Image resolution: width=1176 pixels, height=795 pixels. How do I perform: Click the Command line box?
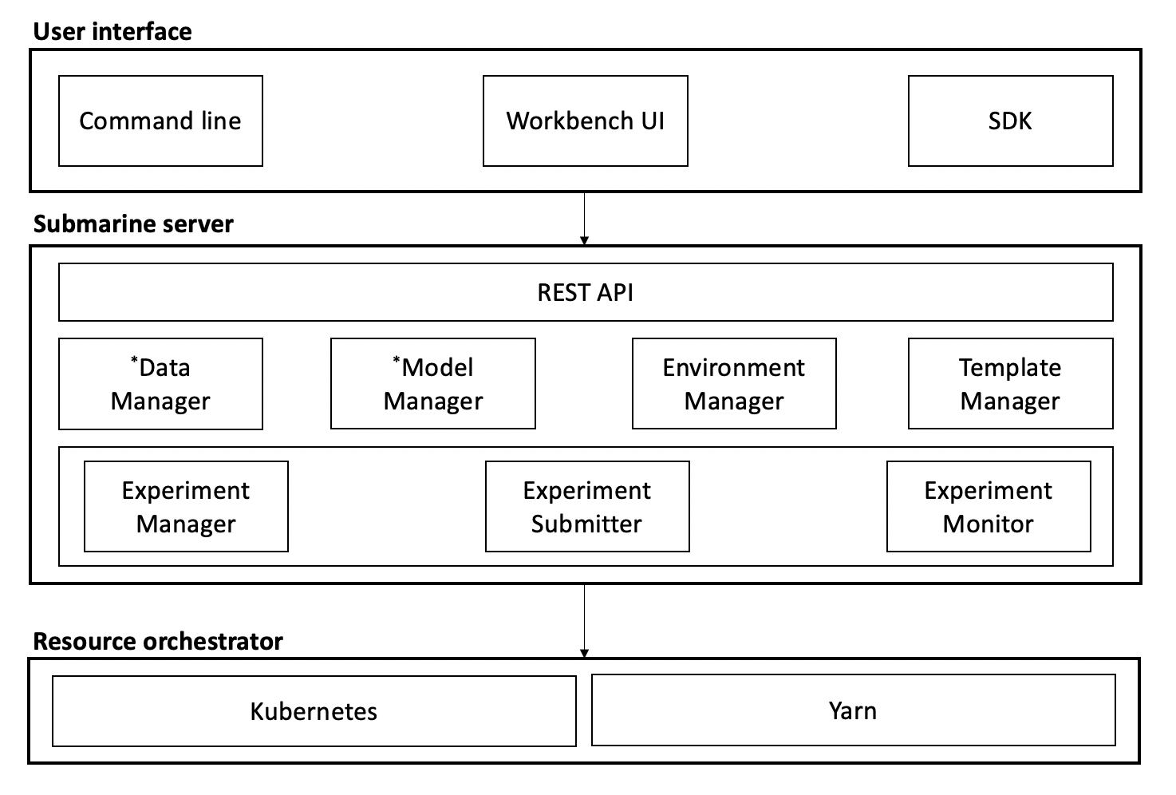[x=160, y=121]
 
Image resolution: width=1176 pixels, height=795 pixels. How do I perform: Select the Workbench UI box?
[x=585, y=121]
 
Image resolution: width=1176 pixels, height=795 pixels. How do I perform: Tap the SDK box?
[x=1010, y=121]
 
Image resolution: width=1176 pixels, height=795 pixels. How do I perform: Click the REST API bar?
[x=585, y=293]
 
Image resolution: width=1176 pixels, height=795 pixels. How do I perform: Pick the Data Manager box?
[x=160, y=384]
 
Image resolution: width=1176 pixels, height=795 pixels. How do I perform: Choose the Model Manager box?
[x=432, y=384]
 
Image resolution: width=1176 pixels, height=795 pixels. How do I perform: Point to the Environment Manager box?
[x=734, y=384]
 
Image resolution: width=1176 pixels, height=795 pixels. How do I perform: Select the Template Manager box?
[x=1010, y=384]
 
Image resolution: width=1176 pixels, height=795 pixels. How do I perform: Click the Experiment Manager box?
[x=186, y=507]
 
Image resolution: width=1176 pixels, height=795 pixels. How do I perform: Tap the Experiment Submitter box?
[x=587, y=507]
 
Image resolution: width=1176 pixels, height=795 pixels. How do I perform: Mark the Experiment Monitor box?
[x=989, y=507]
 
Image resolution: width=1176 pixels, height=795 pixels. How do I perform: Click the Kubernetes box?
[x=314, y=711]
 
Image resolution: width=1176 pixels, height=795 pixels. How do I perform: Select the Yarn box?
[x=853, y=710]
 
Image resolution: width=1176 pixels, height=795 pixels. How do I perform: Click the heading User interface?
[x=112, y=32]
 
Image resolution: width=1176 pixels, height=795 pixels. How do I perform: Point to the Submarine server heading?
[x=133, y=224]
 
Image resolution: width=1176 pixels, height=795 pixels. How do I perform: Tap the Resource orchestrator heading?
[x=158, y=642]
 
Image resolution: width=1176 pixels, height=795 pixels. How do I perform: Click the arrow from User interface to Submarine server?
[x=585, y=218]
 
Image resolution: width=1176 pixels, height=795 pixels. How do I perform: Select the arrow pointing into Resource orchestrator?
[x=585, y=621]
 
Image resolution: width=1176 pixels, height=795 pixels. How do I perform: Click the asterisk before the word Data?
[x=134, y=360]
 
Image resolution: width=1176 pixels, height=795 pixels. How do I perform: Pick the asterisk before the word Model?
[x=397, y=360]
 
